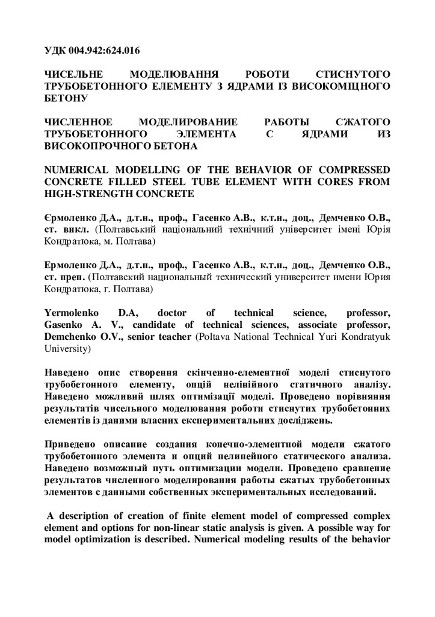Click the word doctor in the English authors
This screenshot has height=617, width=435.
174,313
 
